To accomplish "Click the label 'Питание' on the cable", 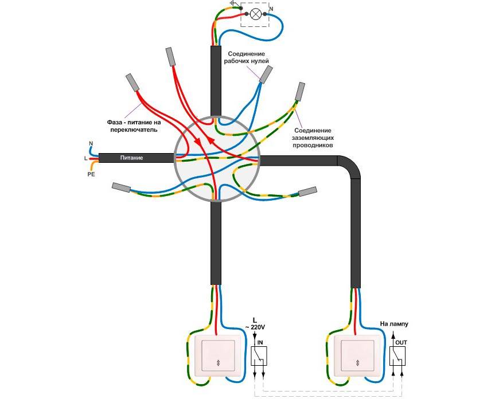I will tap(131, 158).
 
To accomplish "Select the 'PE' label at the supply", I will tap(91, 174).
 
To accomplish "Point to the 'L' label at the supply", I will tap(85, 158).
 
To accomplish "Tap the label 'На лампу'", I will tap(393, 324).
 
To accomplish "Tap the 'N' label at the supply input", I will tap(91, 143).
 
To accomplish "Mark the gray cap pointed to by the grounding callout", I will tap(300, 91).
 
